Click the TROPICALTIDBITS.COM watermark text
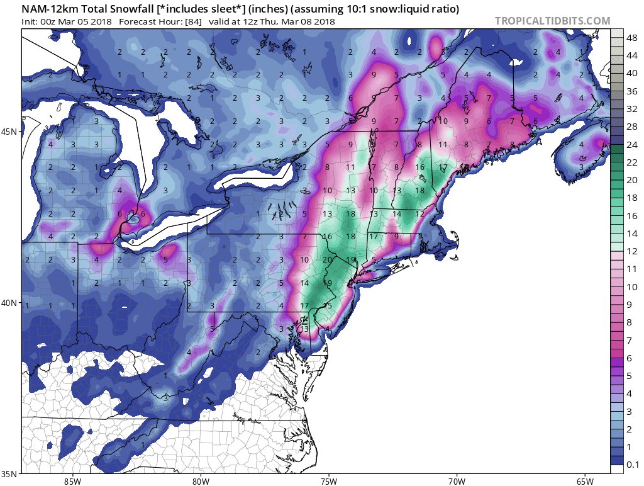(x=552, y=21)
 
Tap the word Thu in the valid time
(x=274, y=21)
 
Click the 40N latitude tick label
(x=10, y=303)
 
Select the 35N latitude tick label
(x=10, y=473)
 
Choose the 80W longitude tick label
(x=201, y=481)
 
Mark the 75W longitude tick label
(x=328, y=481)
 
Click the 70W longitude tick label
(x=456, y=481)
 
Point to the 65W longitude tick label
(x=584, y=481)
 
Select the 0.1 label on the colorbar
(x=633, y=465)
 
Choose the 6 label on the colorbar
(x=629, y=358)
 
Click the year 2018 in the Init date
(x=100, y=21)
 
